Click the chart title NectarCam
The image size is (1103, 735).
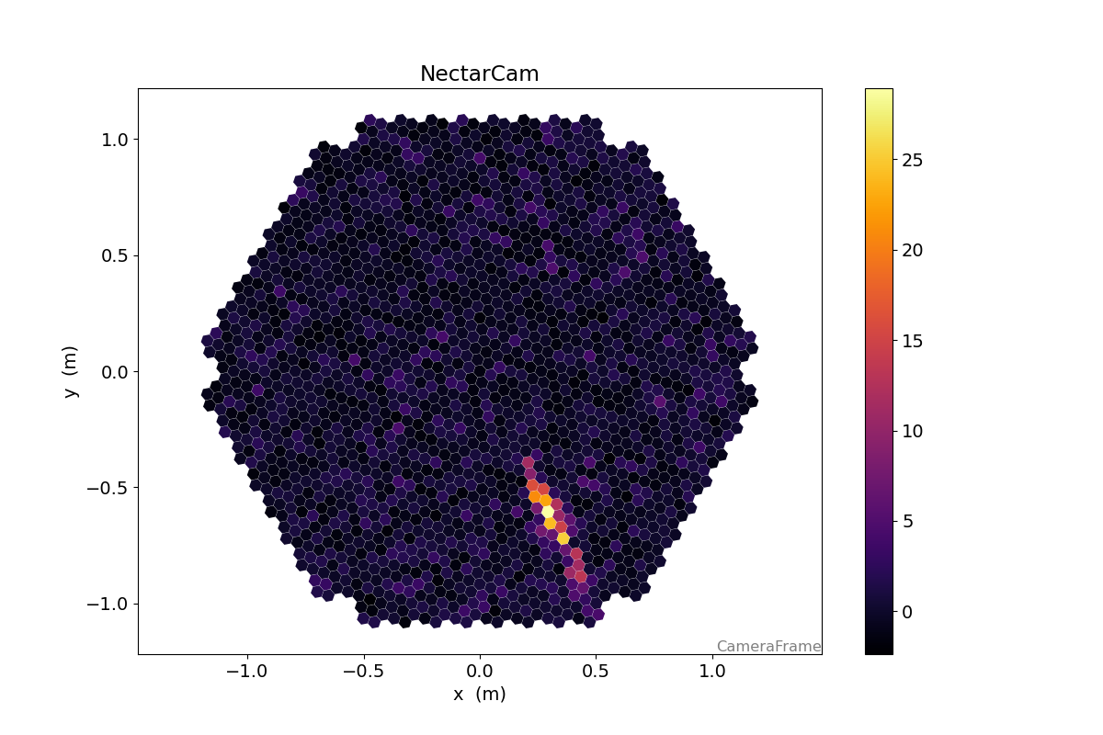click(479, 74)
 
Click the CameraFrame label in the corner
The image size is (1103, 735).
click(768, 646)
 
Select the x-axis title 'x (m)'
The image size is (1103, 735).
click(479, 695)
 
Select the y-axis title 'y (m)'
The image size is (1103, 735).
click(70, 371)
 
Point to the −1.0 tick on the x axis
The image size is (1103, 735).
click(246, 671)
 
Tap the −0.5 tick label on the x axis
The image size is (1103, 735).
click(362, 671)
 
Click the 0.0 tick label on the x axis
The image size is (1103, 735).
click(479, 671)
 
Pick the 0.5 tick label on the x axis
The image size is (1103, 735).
click(596, 671)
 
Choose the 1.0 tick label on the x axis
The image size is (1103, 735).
click(711, 671)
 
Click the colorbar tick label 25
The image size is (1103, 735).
click(913, 160)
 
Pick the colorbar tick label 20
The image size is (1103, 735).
click(913, 250)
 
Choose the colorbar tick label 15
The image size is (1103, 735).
click(913, 341)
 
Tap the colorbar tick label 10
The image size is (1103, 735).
click(913, 431)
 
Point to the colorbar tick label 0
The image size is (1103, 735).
click(908, 612)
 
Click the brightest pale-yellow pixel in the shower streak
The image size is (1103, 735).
click(548, 511)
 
